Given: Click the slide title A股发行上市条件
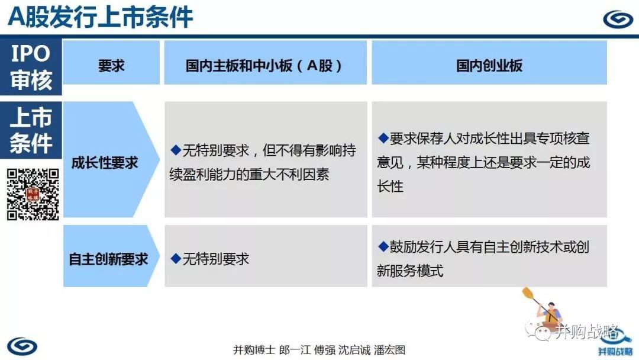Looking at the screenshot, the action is [x=100, y=17].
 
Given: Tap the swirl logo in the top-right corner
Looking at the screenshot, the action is [x=618, y=19].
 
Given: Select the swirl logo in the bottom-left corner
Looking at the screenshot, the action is [x=22, y=346].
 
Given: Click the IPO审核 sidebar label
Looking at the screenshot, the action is [x=31, y=67].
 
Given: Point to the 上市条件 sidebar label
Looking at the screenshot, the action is [x=31, y=130].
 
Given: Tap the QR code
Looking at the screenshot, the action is [x=33, y=194].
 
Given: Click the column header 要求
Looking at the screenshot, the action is [x=111, y=65].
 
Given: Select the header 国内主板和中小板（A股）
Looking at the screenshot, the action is [x=264, y=65].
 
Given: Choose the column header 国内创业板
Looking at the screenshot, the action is [x=489, y=65].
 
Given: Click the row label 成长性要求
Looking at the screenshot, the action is [x=105, y=163].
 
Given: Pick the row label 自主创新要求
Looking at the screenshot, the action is [x=108, y=259].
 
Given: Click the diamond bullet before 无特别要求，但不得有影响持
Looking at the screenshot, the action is [x=176, y=150].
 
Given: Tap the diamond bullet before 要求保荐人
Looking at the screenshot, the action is [x=383, y=138].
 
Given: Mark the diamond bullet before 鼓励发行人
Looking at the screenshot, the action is [x=383, y=246].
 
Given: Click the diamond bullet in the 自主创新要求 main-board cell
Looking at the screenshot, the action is [x=176, y=258].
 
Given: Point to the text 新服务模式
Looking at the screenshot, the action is [x=410, y=271].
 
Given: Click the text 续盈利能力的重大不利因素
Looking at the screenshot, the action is [x=250, y=175].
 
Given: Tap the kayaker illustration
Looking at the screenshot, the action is [x=543, y=308].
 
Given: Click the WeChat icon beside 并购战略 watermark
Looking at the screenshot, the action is [x=538, y=330].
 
